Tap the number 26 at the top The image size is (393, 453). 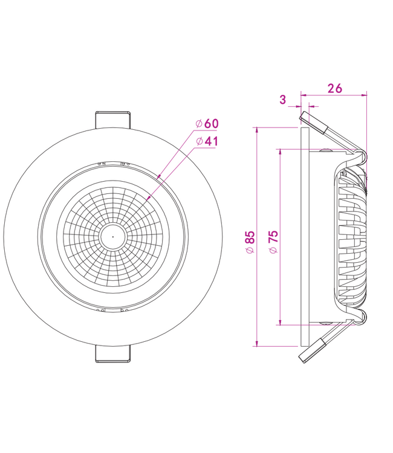click(334, 88)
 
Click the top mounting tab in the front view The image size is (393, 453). click(112, 119)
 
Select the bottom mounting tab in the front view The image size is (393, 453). click(112, 355)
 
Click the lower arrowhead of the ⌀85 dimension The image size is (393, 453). click(257, 344)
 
